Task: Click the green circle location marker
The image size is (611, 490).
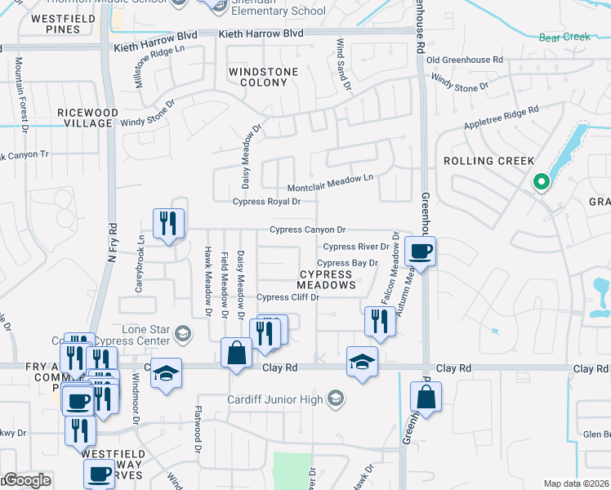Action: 539,182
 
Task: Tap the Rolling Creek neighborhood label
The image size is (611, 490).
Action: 488,161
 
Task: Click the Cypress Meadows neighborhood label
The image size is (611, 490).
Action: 326,279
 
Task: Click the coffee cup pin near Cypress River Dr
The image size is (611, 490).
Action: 420,251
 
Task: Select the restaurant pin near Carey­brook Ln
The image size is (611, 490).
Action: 169,223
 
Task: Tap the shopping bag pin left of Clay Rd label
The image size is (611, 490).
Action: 236,354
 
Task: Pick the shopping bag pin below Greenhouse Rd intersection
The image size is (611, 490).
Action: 426,398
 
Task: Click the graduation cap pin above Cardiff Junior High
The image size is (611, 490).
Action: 362,361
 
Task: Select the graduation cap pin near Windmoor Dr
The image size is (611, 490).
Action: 166,373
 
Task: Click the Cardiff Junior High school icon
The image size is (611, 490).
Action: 334,399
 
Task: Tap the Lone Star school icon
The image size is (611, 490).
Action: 183,332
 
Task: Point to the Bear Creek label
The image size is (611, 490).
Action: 564,37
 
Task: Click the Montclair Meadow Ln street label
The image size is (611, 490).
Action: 329,177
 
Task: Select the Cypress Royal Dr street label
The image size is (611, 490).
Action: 261,202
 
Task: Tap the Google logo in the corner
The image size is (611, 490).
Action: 26,480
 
